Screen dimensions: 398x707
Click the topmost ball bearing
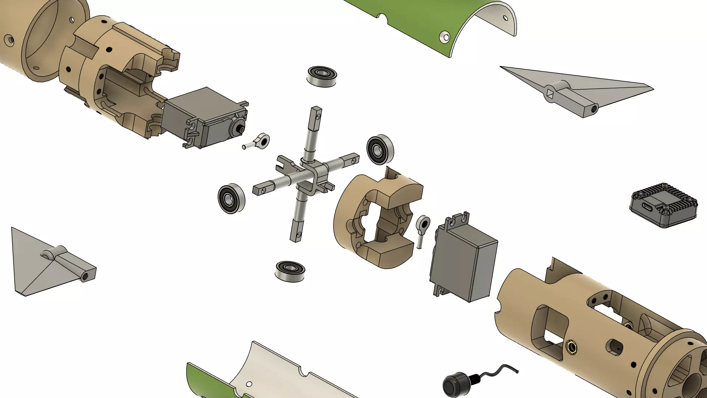pos(321,76)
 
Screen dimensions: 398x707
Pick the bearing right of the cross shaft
pos(380,150)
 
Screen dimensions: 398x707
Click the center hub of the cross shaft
pos(311,173)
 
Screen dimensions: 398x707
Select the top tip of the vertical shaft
pos(316,109)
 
